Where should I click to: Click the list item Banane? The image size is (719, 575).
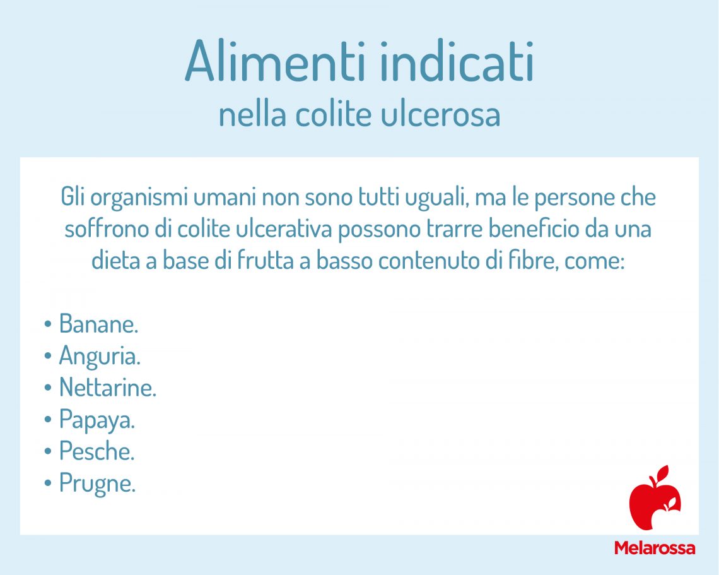[98, 324]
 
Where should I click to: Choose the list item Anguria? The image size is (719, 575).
[100, 357]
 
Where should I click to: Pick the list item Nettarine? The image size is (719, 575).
[107, 388]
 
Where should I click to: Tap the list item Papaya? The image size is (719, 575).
[97, 420]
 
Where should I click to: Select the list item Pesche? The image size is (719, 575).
[97, 452]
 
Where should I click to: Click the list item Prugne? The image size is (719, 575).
[97, 483]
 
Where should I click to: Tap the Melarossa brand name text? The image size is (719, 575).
[654, 547]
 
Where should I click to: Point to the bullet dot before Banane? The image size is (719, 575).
[48, 325]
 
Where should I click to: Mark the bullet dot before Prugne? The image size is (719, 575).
[48, 484]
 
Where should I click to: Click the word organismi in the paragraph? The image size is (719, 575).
[139, 198]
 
